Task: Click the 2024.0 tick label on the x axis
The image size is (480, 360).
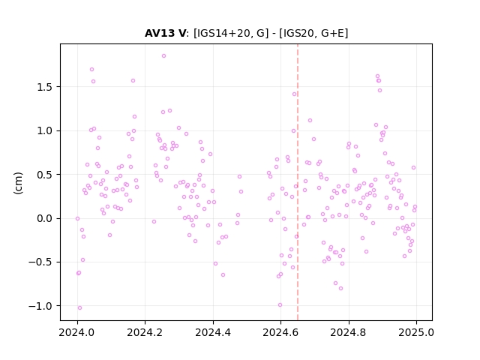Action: pos(77,332)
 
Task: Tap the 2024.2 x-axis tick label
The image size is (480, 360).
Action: pos(145,332)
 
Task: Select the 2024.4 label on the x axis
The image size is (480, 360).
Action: pos(213,332)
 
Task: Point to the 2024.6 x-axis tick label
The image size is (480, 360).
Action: pos(280,332)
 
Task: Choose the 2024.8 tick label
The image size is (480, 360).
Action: pos(348,332)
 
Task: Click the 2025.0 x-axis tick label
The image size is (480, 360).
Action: pos(416,332)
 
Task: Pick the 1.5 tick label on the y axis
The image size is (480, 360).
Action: pos(45,87)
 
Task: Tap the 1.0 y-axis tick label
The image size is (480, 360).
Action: pos(45,131)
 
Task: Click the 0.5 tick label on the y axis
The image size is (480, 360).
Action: pos(45,175)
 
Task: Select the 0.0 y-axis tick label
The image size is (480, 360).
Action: pos(45,218)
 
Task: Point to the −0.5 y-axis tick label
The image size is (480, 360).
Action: pos(41,262)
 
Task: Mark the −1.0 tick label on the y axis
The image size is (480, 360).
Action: pos(41,306)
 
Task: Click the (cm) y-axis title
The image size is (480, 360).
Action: pos(18,183)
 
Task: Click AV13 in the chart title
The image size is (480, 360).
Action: pos(160,33)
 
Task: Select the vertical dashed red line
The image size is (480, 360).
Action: pos(298,182)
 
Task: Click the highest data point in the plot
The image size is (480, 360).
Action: pos(163,56)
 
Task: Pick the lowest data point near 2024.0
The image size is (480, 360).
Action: pos(79,308)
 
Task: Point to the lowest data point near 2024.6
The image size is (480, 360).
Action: pos(280,305)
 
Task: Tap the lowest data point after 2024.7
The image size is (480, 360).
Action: pos(340,288)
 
